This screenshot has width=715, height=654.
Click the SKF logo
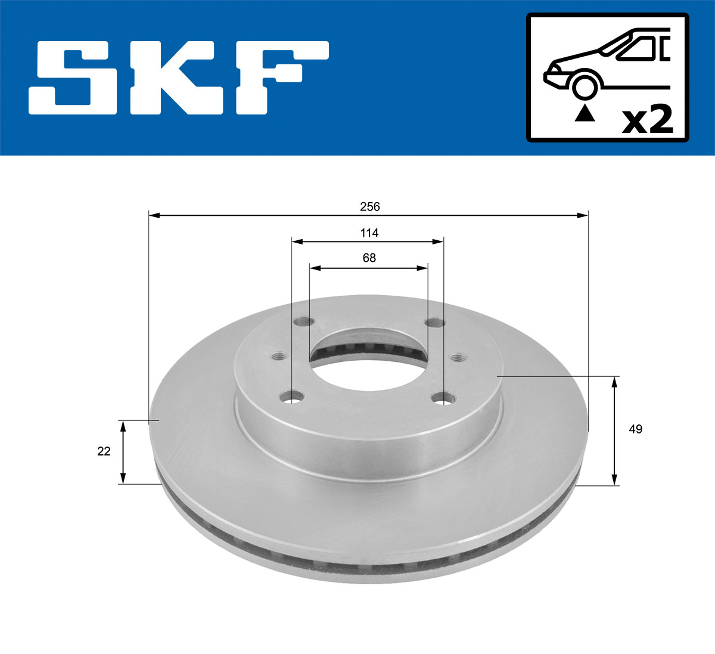(x=179, y=78)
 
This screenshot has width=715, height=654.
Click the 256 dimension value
(x=369, y=207)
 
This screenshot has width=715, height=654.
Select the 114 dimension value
(x=369, y=233)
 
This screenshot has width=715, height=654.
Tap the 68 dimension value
(x=369, y=258)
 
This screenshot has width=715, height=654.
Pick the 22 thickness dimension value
(x=104, y=451)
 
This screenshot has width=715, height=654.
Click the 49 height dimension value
(x=636, y=429)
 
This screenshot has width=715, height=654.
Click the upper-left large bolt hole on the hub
(x=304, y=322)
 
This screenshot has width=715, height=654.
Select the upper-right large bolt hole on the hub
(x=435, y=323)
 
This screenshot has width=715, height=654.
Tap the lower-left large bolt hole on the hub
(x=292, y=397)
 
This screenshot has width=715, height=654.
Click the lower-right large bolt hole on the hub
(x=443, y=398)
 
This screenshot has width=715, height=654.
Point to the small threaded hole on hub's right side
(x=458, y=358)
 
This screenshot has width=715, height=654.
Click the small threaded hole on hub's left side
(x=279, y=357)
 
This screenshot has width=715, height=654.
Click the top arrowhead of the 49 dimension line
(x=615, y=382)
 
